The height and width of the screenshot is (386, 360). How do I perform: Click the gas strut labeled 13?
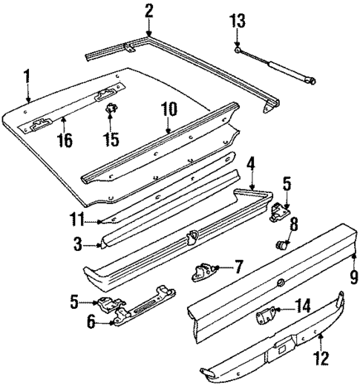(278, 65)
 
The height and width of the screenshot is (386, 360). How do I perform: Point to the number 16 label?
(66, 140)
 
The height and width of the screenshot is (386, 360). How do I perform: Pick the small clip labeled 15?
(113, 113)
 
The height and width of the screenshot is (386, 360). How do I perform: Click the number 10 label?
(168, 109)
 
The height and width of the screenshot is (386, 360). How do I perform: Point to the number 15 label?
(112, 140)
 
